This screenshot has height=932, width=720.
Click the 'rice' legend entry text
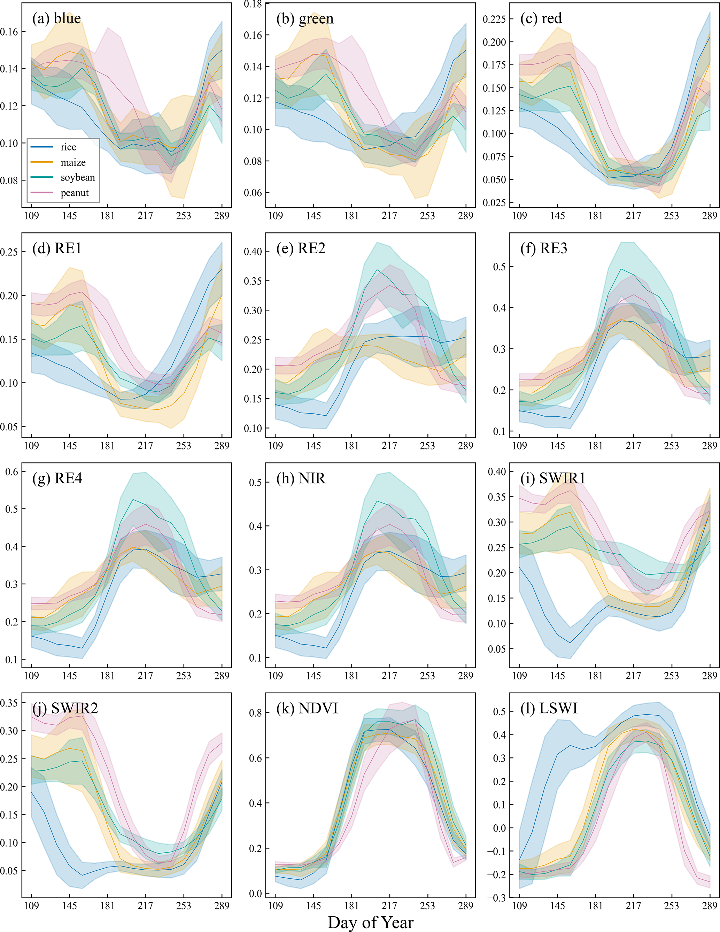point(68,147)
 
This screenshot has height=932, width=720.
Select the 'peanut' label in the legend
point(75,193)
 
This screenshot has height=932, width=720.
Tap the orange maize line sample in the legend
point(42,162)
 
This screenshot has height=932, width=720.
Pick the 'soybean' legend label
point(78,178)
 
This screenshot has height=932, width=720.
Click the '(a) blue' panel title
point(57,18)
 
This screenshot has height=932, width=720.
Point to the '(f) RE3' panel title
point(543,248)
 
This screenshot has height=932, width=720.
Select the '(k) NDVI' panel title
point(307,708)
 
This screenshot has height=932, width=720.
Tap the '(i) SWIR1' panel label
point(553,478)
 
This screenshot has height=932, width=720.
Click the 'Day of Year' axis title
point(370,923)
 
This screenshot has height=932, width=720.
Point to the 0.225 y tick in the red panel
point(494,19)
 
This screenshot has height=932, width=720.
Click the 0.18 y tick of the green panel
point(253,4)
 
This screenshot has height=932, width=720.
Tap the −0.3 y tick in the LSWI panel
point(496,898)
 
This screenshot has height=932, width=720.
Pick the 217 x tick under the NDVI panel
point(389,906)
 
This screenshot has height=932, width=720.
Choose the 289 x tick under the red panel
point(709,216)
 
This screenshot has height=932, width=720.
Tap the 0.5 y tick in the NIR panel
point(255,482)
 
